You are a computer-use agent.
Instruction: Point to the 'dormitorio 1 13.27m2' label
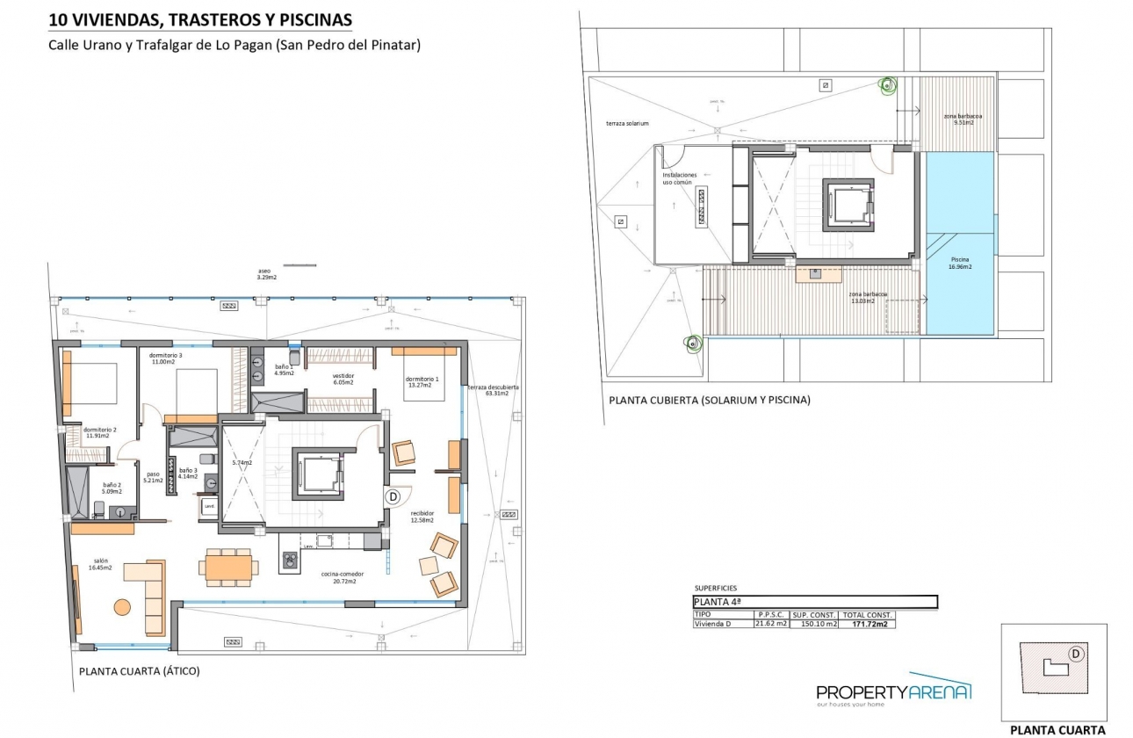click(422, 380)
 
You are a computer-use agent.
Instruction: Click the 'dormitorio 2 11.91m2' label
click(97, 431)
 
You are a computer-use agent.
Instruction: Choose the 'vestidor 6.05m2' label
click(343, 379)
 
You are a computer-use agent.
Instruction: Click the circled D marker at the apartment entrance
click(393, 496)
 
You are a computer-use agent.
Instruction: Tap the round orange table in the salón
click(121, 606)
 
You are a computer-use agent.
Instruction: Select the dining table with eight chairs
click(229, 567)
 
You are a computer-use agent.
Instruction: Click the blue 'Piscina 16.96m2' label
click(960, 264)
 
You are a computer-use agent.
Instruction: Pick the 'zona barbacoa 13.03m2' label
click(868, 298)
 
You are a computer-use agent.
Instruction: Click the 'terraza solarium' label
click(627, 124)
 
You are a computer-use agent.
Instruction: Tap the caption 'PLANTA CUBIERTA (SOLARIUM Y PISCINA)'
click(709, 400)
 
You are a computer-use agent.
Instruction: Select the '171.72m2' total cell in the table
click(867, 624)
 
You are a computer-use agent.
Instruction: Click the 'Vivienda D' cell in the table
click(712, 624)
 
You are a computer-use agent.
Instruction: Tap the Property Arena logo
click(893, 693)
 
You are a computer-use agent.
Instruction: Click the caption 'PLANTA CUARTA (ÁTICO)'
click(140, 671)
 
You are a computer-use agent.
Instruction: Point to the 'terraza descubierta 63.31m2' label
click(493, 390)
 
